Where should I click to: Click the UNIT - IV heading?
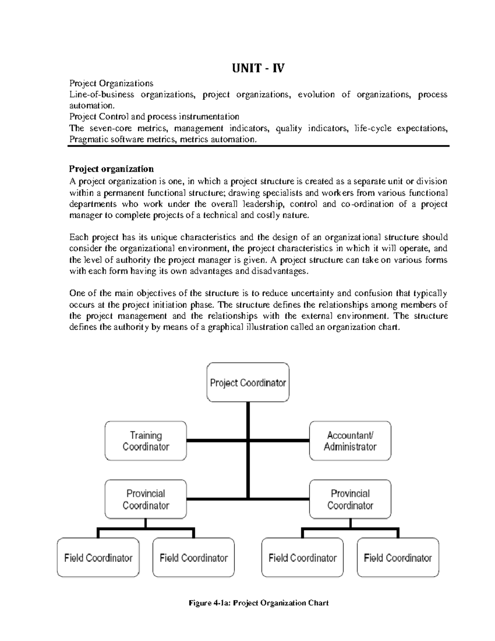click(258, 68)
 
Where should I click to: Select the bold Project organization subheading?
click(111, 169)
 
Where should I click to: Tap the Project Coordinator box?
click(247, 383)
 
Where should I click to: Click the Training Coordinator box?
click(146, 441)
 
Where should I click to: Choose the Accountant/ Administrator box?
click(350, 441)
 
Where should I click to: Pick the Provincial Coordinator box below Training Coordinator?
click(146, 499)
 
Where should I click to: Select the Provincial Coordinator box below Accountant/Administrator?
click(350, 499)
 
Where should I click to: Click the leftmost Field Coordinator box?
click(98, 558)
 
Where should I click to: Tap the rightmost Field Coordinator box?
click(398, 558)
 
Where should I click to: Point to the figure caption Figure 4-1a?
click(258, 603)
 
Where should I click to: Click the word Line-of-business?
click(101, 95)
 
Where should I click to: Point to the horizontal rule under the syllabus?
click(258, 146)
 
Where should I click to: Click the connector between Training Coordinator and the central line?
click(217, 441)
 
